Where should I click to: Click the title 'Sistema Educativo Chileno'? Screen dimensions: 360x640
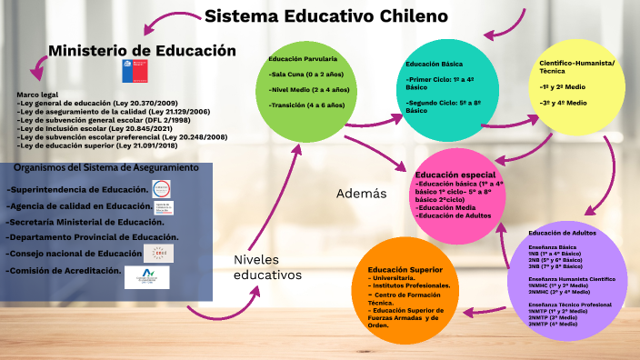(x=326, y=16)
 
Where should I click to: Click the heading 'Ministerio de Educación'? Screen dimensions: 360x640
(x=142, y=51)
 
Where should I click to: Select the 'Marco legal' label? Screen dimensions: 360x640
(x=37, y=95)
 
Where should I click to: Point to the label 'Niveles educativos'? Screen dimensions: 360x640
(x=266, y=267)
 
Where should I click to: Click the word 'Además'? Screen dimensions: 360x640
(x=362, y=194)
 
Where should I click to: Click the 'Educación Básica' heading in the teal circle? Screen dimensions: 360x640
(x=435, y=65)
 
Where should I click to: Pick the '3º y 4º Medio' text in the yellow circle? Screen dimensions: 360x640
(x=563, y=103)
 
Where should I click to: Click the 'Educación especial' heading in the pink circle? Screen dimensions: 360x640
(x=455, y=175)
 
